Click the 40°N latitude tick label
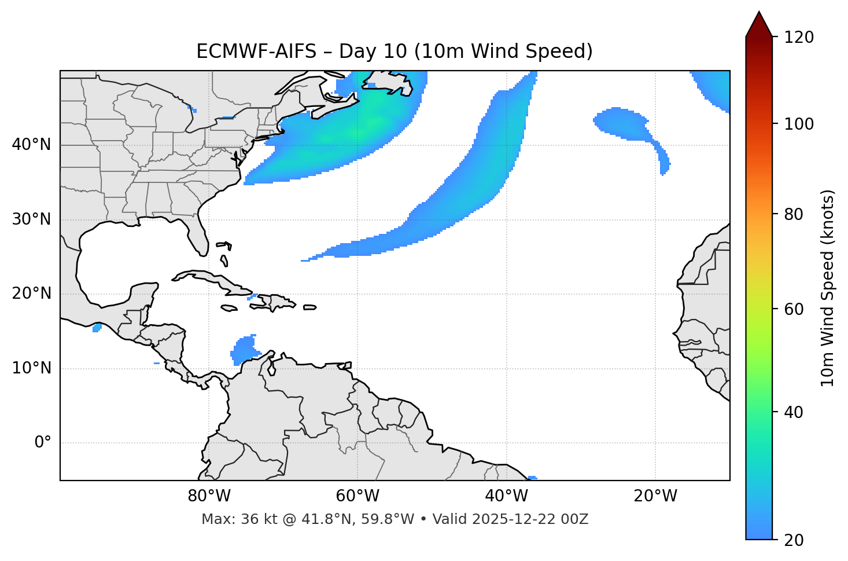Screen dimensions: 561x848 [31, 145]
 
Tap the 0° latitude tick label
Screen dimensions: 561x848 [43, 443]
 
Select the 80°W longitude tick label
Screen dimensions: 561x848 [209, 496]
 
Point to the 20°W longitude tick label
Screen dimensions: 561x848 [655, 496]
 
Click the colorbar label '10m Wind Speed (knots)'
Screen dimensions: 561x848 [828, 288]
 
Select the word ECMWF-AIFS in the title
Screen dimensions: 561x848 [256, 52]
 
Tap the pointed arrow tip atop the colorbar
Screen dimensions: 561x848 [759, 14]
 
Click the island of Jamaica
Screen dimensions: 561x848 [229, 308]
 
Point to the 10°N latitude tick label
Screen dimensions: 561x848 [31, 368]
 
